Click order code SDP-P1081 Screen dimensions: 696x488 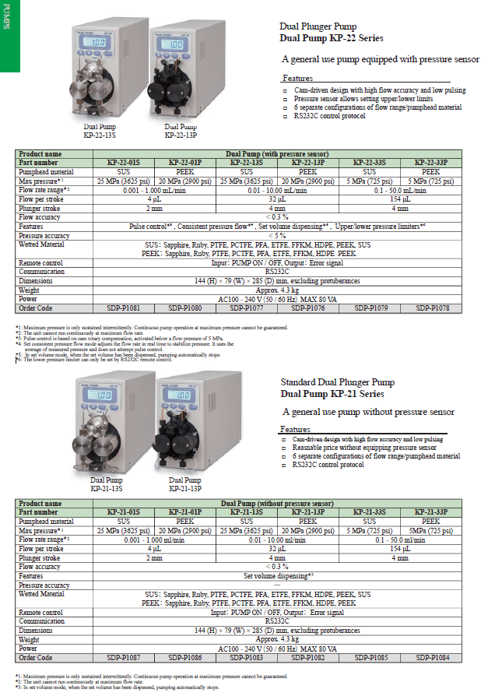point(123,308)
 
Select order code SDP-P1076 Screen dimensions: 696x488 point(308,308)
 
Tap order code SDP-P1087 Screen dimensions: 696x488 point(123,657)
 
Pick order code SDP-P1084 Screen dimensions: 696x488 point(431,657)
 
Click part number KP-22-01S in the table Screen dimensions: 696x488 point(123,162)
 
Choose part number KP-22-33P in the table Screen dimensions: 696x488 point(431,162)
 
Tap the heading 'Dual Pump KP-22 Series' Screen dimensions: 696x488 point(332,37)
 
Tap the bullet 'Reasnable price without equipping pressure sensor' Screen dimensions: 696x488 point(363,448)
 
